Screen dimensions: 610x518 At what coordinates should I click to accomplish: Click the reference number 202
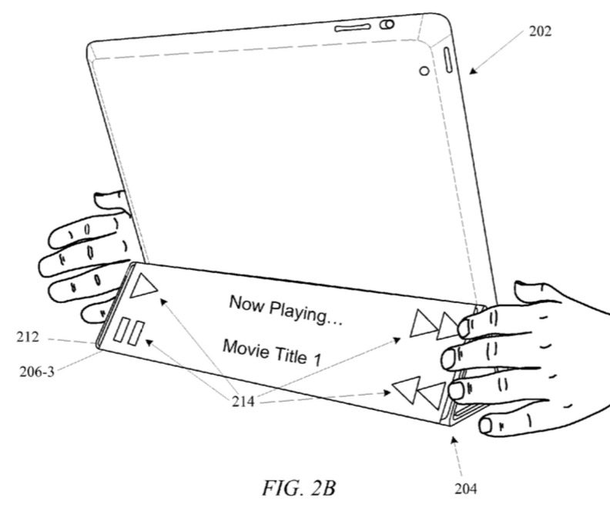(540, 31)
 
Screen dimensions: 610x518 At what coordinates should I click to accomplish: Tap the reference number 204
(466, 489)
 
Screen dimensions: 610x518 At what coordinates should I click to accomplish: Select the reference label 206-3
(37, 372)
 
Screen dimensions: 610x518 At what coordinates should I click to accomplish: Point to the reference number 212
(28, 337)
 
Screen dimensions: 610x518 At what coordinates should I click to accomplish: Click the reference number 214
(243, 401)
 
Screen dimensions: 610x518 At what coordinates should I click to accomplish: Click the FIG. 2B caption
(299, 488)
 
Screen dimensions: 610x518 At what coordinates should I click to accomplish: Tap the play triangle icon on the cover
(142, 285)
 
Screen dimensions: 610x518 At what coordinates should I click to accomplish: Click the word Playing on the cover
(307, 312)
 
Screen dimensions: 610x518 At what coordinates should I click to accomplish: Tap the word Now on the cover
(246, 303)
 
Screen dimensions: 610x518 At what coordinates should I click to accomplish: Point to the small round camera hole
(424, 71)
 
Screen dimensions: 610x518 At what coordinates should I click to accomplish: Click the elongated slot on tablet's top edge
(353, 28)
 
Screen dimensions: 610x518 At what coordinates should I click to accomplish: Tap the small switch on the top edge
(387, 25)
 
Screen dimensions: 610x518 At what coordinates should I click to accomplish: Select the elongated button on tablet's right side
(447, 60)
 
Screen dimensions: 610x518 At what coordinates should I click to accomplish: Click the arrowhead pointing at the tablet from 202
(472, 70)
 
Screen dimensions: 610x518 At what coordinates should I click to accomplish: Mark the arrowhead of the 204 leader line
(454, 439)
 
